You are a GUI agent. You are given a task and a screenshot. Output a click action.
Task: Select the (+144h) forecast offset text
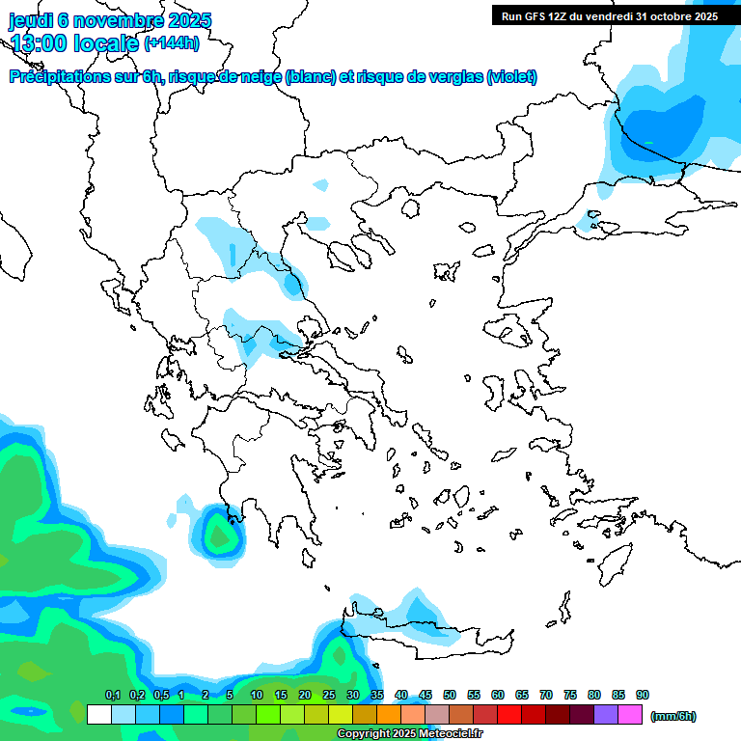click(172, 42)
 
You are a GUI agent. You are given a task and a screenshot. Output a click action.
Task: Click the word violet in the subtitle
click(511, 77)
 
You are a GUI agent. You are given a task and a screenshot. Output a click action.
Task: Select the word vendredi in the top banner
click(622, 15)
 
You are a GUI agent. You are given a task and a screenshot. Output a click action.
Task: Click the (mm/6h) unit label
click(673, 716)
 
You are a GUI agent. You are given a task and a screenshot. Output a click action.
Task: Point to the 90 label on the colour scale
click(643, 695)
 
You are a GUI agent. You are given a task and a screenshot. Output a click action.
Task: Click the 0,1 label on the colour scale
click(112, 695)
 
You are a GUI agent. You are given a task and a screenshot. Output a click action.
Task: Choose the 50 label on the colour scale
click(450, 695)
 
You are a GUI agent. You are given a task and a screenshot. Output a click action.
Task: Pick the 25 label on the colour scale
click(329, 695)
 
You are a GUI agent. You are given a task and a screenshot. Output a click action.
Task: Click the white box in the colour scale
click(98, 715)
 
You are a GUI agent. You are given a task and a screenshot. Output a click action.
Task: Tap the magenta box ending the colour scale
click(630, 715)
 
